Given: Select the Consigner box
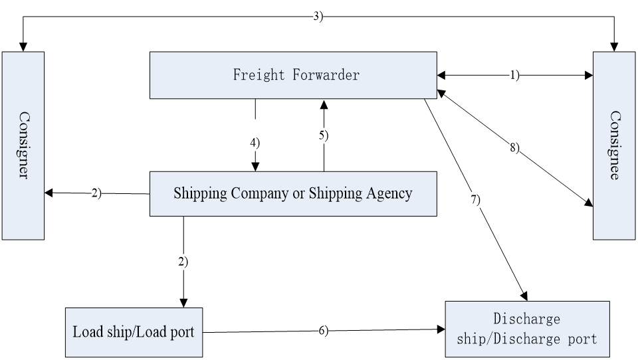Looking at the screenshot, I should click(x=23, y=145).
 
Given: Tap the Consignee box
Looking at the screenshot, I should click(x=614, y=145).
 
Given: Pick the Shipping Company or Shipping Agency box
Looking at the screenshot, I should click(x=292, y=193).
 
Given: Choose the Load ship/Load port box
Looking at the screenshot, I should click(x=133, y=331).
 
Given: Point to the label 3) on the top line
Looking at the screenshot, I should click(x=318, y=17).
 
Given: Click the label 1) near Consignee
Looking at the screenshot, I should click(x=514, y=76).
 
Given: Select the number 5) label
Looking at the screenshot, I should click(x=324, y=135).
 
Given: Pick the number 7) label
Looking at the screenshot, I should click(x=475, y=199).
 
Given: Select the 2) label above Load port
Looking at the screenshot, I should click(x=183, y=261).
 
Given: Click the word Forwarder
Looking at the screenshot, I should click(x=326, y=75).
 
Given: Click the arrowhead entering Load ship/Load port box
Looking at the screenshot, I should click(x=183, y=302).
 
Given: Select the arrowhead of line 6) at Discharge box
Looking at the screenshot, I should click(x=440, y=328).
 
